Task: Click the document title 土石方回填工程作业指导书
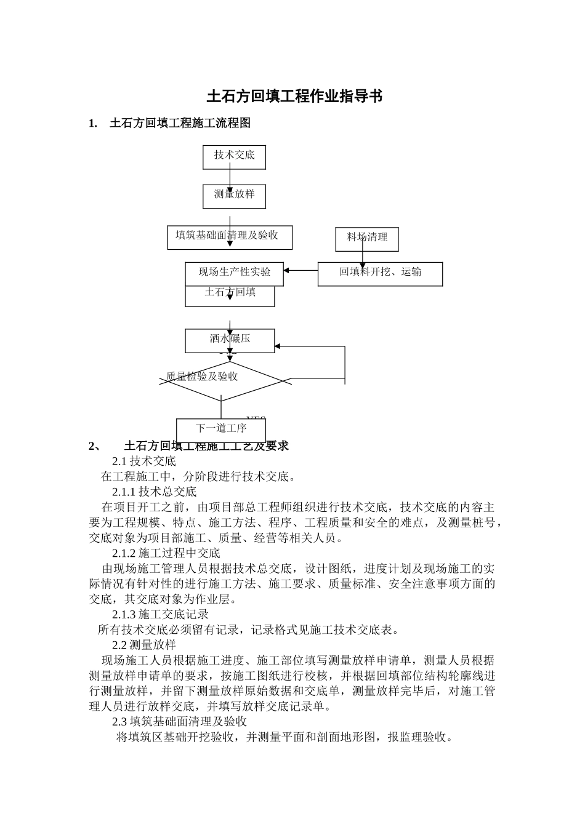tap(294, 97)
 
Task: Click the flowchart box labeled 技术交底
tap(234, 156)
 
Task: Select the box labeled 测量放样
tap(234, 196)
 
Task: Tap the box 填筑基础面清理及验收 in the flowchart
tap(230, 237)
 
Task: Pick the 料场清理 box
tap(367, 239)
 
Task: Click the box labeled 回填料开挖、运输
tap(380, 274)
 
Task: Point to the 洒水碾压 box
tap(230, 340)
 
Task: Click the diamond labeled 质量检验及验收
tap(220, 381)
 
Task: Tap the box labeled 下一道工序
tap(220, 429)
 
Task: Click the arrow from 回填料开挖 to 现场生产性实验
tap(301, 270)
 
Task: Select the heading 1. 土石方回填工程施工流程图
tap(170, 123)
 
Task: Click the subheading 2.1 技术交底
tap(144, 461)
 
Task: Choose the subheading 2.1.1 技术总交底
tap(154, 492)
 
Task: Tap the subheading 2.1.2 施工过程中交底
tap(166, 553)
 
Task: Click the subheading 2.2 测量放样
tap(144, 645)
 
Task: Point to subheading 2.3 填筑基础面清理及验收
tap(179, 721)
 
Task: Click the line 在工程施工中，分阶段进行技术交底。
tap(198, 476)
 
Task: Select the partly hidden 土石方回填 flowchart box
tap(230, 296)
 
